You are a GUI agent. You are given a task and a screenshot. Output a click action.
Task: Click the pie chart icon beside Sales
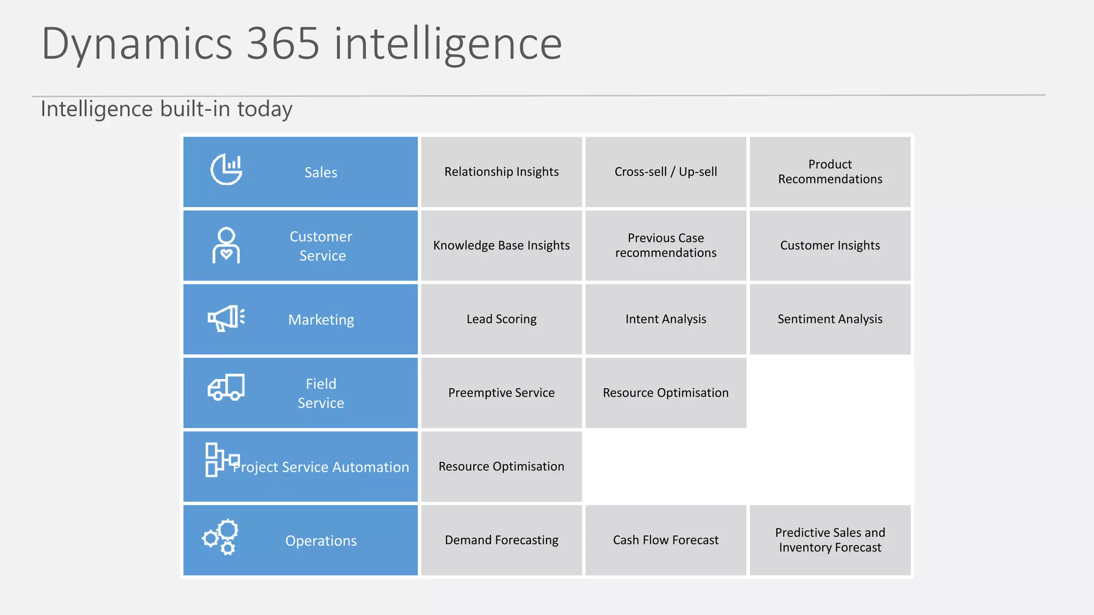[226, 169]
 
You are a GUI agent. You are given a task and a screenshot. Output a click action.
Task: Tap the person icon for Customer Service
[226, 246]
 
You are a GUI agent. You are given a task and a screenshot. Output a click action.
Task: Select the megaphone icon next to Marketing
[226, 318]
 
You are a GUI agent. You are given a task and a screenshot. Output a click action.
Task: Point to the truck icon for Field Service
[226, 387]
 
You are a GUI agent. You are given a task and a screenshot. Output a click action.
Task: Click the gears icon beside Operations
[220, 537]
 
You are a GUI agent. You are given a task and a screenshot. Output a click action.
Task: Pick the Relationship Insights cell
[501, 172]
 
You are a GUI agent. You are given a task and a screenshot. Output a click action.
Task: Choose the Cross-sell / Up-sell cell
[666, 172]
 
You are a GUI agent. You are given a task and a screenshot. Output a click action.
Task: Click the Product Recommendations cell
[830, 172]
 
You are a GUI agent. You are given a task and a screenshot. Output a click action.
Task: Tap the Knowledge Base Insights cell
[501, 246]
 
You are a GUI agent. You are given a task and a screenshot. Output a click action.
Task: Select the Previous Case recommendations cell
[666, 246]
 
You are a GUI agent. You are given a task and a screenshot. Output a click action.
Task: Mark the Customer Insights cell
[830, 246]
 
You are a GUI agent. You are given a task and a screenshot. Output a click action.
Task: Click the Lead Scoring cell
[501, 319]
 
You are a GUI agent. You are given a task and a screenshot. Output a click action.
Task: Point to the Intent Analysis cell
[666, 319]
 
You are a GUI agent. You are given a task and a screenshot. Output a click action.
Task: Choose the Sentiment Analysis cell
[830, 319]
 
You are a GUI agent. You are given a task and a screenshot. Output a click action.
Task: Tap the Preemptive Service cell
[501, 393]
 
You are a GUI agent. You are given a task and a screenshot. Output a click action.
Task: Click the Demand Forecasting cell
[501, 540]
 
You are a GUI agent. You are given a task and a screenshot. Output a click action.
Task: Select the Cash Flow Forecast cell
[666, 540]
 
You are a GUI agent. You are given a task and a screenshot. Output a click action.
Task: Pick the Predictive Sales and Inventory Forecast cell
[830, 540]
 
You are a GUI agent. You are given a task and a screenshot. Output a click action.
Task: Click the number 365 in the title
[283, 44]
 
